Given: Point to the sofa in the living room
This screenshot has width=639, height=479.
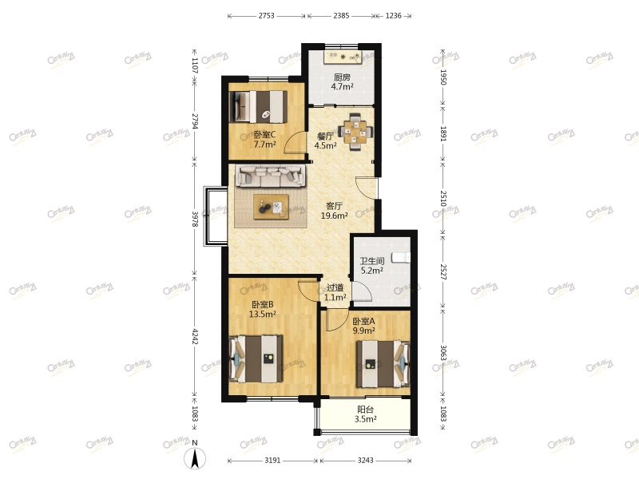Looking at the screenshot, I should tap(269, 176).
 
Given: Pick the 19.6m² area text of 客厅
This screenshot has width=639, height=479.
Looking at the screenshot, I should tap(334, 216).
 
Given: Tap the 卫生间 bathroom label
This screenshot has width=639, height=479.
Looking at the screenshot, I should tap(371, 261).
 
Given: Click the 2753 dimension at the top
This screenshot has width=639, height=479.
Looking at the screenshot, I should tap(266, 16).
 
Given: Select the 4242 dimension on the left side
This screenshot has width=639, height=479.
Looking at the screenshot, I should tap(194, 335).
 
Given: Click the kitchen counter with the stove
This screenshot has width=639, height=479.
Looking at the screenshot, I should tap(343, 57).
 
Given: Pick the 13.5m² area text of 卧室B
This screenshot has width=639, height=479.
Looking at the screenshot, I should tap(262, 315).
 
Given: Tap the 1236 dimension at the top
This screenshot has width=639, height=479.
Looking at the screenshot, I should tap(394, 16).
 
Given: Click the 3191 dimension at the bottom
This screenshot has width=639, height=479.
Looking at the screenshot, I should tap(273, 461).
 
